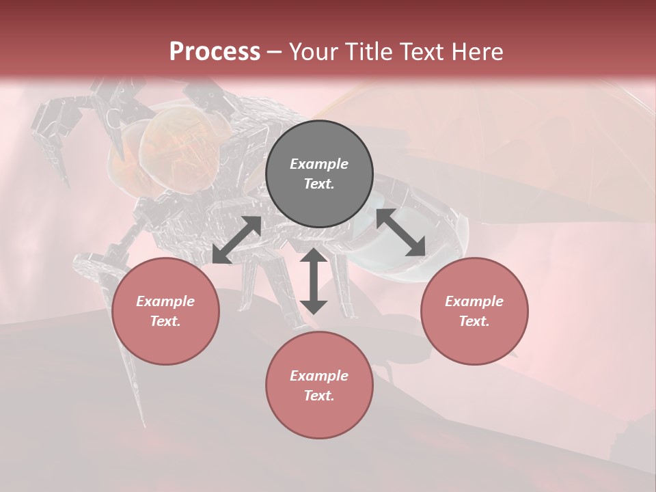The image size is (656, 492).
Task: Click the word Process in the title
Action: point(215,52)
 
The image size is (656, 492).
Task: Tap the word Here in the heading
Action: point(476,52)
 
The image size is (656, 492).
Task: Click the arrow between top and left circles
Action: point(236,240)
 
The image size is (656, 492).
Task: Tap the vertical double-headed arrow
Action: point(314,281)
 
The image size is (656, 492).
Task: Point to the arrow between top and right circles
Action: point(401,233)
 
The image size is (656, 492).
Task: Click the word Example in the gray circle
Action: point(319,164)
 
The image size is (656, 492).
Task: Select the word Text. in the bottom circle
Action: point(319,396)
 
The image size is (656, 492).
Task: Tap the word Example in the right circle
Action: point(474,301)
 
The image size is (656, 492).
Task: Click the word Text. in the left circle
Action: point(165,321)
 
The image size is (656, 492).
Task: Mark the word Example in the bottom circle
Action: point(319,376)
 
